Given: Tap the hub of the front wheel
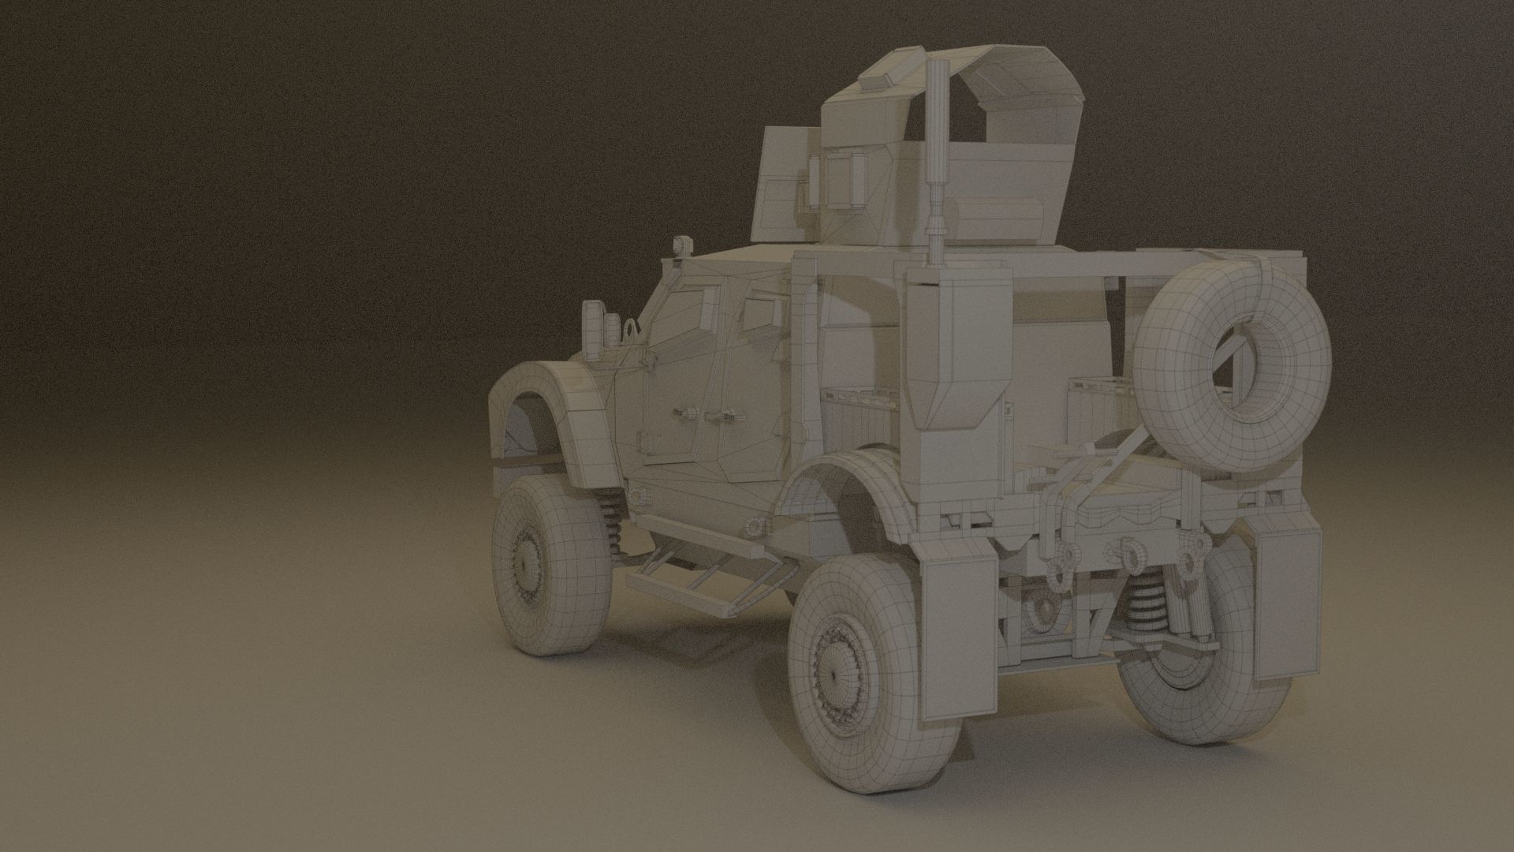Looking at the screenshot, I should coord(524,563).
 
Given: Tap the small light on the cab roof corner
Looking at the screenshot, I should coord(678,245).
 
